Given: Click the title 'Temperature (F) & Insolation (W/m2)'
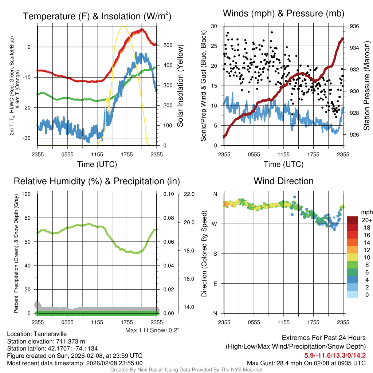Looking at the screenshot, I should coord(97,16).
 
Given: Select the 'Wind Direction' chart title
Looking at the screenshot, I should coord(283,181).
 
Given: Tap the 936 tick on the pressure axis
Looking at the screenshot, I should coord(354,26).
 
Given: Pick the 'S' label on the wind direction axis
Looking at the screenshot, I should coord(215,254).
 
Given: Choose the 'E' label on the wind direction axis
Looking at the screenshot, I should coord(215,283).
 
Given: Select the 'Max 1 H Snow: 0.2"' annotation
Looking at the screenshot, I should coord(152,330).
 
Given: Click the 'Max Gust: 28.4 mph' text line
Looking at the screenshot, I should coord(306,363).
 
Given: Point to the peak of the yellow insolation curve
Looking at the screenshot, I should coord(123,27).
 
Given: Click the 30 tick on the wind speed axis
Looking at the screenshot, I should coord(214,26).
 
